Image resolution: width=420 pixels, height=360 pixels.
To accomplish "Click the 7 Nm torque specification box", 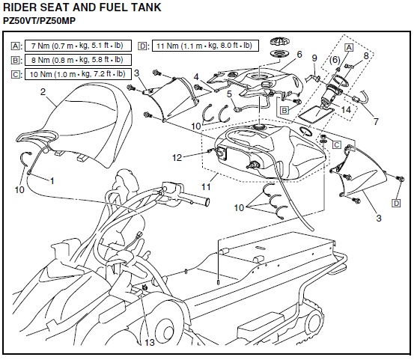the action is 78,46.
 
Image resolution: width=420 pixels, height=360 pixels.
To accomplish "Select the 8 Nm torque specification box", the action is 78,60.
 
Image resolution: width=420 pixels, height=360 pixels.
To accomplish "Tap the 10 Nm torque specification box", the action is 78,74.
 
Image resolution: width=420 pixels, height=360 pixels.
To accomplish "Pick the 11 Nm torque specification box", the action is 205,46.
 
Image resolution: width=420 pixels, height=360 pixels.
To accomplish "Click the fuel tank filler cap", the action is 280,41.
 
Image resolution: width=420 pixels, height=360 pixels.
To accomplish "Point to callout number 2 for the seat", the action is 43,92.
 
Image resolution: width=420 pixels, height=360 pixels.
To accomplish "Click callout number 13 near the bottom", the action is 150,342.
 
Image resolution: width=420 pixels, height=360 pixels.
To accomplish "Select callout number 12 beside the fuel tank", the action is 177,157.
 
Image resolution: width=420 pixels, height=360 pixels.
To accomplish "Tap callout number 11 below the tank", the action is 206,186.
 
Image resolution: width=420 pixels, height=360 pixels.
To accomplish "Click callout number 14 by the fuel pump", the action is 346,109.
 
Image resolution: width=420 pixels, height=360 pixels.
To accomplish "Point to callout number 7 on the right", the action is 376,121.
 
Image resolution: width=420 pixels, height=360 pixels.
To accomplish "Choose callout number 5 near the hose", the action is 229,94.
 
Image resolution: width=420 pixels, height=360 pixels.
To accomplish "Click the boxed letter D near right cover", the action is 396,204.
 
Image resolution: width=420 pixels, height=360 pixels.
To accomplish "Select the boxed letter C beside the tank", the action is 337,145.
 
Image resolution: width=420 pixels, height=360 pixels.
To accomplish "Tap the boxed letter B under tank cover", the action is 284,110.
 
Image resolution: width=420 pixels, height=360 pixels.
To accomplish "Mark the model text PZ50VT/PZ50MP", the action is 39,21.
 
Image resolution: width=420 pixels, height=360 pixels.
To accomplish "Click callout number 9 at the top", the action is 314,58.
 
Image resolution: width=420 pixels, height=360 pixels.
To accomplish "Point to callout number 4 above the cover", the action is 196,77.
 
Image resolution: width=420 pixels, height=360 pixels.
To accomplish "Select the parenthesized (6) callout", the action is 335,59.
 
